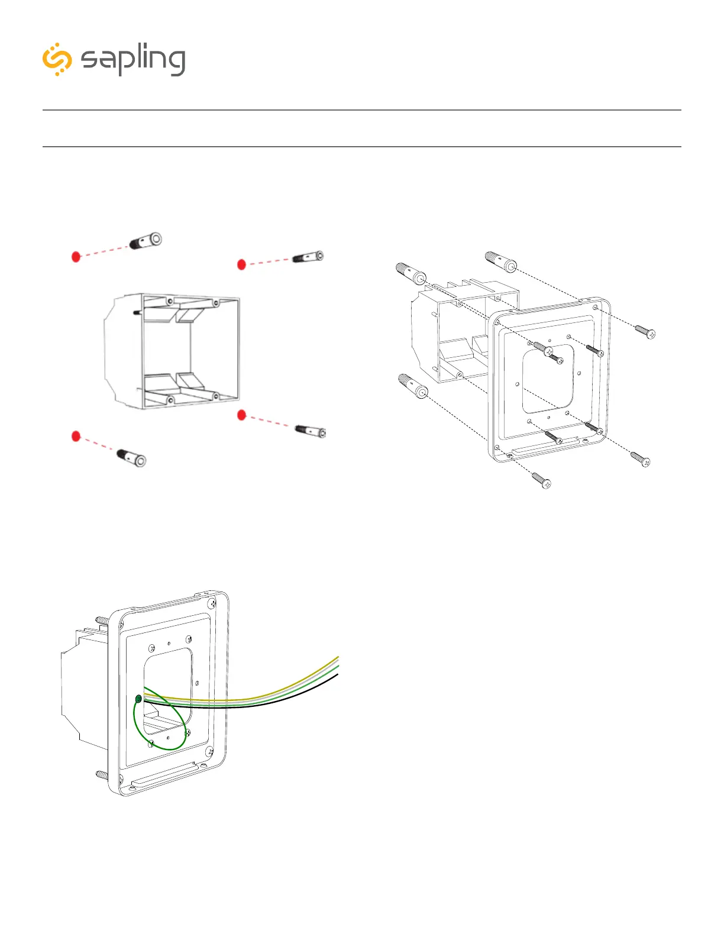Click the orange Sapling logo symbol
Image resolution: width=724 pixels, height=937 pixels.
57,59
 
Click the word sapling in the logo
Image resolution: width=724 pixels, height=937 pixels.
132,60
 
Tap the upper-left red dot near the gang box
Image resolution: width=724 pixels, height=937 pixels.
76,257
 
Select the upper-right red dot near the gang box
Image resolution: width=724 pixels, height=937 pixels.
241,264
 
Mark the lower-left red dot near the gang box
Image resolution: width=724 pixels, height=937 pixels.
76,436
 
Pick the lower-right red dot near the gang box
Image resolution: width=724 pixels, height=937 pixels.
241,415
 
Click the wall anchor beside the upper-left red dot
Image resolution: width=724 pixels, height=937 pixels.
146,241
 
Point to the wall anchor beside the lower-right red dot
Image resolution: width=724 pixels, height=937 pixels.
311,430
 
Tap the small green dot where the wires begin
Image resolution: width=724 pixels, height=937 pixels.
138,699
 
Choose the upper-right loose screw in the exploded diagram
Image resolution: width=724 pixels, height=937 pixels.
645,332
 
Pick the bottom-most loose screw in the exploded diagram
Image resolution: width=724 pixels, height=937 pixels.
541,480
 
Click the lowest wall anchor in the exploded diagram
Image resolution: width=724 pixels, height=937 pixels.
413,386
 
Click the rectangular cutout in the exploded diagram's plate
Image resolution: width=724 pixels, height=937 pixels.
548,379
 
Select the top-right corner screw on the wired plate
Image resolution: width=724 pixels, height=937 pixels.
212,604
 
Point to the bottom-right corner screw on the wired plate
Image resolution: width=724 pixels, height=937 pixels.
209,752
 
